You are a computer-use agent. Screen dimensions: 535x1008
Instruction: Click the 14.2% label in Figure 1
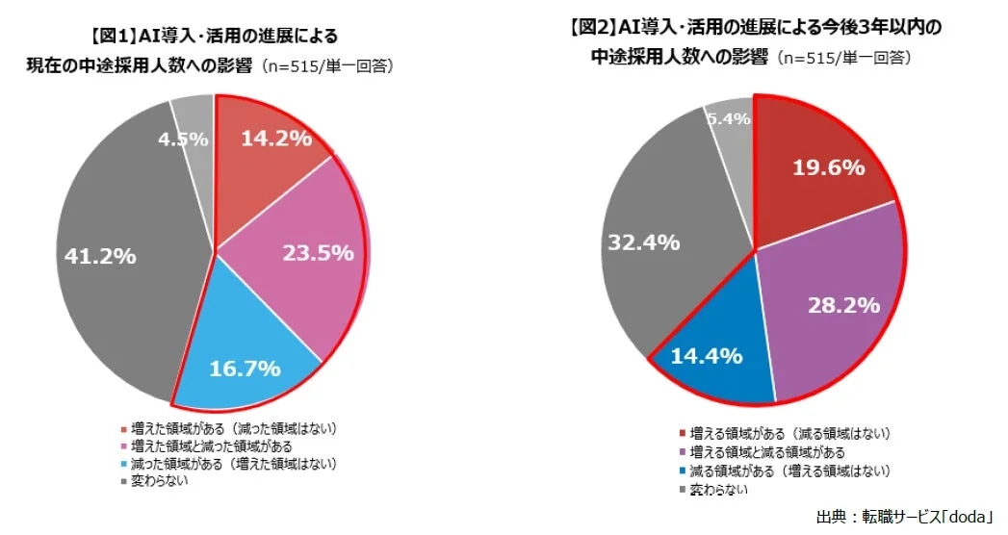pyautogui.click(x=275, y=138)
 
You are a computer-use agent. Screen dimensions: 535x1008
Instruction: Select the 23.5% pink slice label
pyautogui.click(x=318, y=253)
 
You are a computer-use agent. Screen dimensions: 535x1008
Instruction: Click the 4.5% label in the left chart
pyautogui.click(x=184, y=139)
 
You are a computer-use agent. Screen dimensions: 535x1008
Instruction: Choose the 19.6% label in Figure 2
pyautogui.click(x=828, y=167)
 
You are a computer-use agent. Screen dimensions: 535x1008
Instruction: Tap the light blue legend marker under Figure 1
pyautogui.click(x=123, y=465)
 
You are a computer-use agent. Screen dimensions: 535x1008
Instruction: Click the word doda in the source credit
pyautogui.click(x=967, y=517)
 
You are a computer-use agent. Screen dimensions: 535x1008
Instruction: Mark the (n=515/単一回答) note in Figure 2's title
pyautogui.click(x=846, y=58)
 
